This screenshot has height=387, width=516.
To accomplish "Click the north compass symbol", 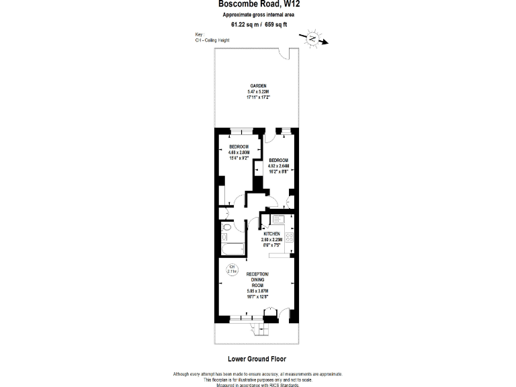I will (313, 39).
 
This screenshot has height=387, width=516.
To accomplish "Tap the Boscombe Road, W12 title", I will (257, 4).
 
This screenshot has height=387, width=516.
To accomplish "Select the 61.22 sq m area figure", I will (245, 25).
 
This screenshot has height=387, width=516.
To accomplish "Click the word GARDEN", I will (259, 86).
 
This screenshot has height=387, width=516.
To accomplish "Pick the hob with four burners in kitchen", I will (290, 236).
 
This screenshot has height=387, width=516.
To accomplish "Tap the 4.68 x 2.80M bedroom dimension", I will (239, 153).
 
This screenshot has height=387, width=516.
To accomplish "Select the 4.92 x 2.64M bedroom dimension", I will (278, 165).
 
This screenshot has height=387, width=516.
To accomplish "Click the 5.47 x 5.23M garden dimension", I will (259, 92).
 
